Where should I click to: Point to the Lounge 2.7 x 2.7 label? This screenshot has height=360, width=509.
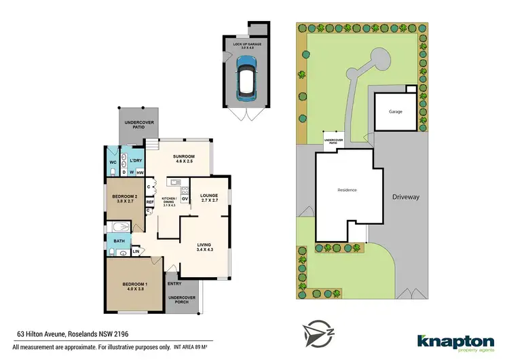[x=208, y=199]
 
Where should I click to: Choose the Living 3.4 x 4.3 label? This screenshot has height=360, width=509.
[x=204, y=248]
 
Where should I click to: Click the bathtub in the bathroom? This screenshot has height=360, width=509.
[x=120, y=228]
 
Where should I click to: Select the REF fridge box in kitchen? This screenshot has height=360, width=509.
[x=149, y=202]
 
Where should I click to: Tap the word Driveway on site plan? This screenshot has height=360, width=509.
[x=406, y=197]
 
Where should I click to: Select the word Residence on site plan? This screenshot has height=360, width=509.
[x=347, y=190]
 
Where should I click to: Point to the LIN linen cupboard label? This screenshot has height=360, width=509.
[x=136, y=252]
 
